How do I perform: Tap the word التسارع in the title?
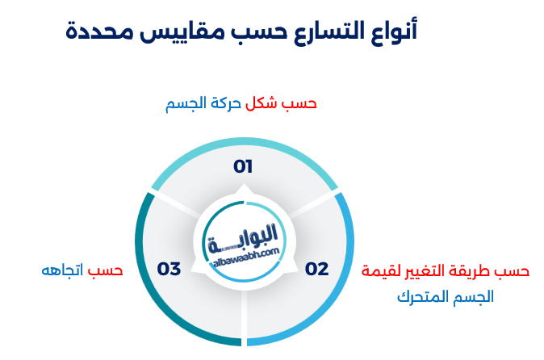point(329,31)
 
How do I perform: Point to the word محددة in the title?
point(99,31)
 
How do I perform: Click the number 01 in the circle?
point(243,166)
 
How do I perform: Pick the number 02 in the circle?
point(316,269)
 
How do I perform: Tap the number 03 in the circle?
point(169,269)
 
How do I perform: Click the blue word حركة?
point(225,103)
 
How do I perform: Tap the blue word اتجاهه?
point(62,270)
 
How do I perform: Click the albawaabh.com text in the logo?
point(245,257)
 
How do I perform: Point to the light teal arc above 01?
point(244,141)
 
